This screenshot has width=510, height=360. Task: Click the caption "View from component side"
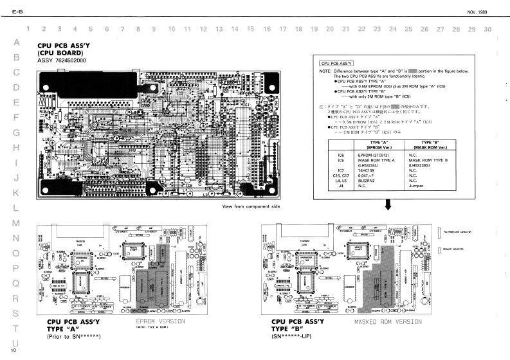(x=251, y=206)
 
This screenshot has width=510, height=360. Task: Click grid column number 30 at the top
(x=487, y=29)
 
